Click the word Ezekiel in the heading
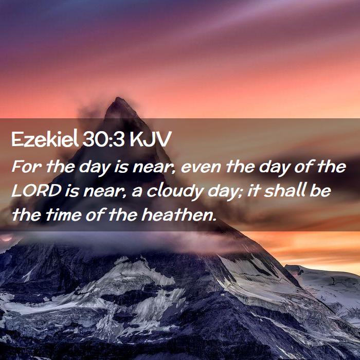point(45,139)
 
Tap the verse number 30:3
point(103,139)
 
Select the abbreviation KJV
point(150,139)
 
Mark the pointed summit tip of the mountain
point(118,98)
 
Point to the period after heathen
point(214,219)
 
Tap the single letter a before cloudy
point(137,192)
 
